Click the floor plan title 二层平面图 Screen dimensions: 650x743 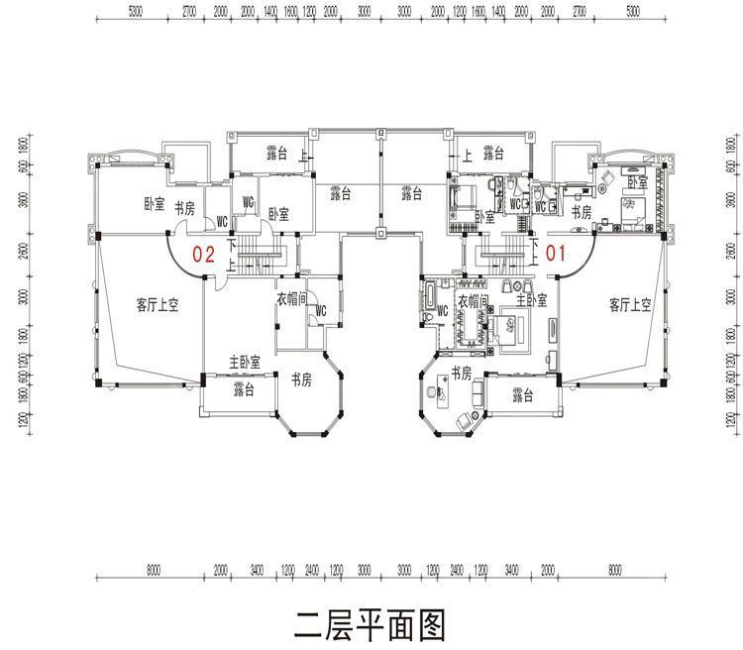click(371, 625)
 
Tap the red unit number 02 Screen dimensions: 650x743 click(203, 253)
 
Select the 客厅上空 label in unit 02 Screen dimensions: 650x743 click(156, 305)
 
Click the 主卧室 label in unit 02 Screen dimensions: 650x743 click(244, 363)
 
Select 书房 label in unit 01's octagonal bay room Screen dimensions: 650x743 click(461, 372)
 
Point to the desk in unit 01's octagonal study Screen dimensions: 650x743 click(436, 393)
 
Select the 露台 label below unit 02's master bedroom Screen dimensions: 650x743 click(244, 390)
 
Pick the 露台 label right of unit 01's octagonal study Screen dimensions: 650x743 click(523, 395)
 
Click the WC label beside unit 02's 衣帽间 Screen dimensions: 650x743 click(319, 310)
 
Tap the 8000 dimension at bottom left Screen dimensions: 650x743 click(152, 572)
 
